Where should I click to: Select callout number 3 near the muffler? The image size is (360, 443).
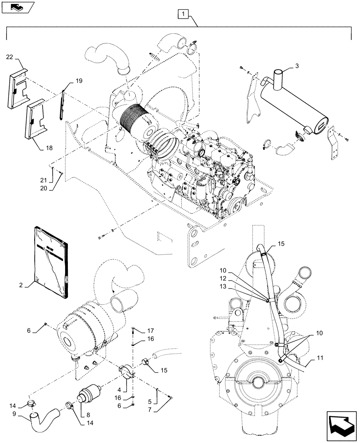[x=297, y=66]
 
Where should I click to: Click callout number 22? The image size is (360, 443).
[x=10, y=57]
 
